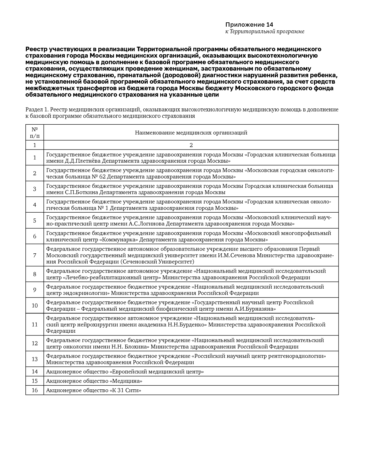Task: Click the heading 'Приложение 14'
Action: tap(249, 25)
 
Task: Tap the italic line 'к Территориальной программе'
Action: tap(265, 32)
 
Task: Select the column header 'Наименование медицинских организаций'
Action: tap(191, 133)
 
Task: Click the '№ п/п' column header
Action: tap(35, 133)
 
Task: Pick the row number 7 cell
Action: tap(35, 255)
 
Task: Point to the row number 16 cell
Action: tap(35, 390)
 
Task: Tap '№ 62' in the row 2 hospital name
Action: tap(98, 177)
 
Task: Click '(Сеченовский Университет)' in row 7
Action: tap(157, 262)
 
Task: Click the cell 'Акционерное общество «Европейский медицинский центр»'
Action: tap(125, 372)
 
